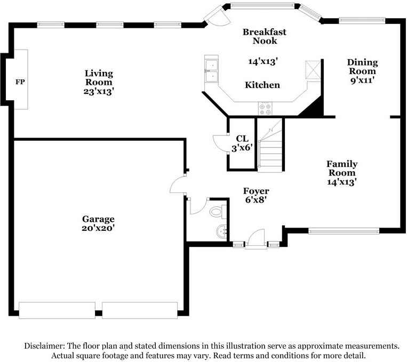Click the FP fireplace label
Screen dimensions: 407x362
pos(20,82)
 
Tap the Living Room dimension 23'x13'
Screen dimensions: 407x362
pos(99,91)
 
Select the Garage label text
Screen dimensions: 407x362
pos(98,219)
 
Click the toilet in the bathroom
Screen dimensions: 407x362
pos(218,212)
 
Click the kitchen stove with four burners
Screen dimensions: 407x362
pos(265,109)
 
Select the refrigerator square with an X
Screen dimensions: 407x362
pos(313,69)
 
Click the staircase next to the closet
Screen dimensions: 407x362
pos(270,145)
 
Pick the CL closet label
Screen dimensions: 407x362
pos(242,139)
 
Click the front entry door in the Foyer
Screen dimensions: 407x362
pos(256,239)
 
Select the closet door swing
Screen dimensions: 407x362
pos(221,143)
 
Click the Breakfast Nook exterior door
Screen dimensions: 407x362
pos(216,16)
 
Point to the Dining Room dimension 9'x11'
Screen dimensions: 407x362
pos(362,80)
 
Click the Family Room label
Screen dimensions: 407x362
pos(342,168)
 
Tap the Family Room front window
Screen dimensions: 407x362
pos(344,231)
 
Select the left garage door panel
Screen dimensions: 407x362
pos(57,310)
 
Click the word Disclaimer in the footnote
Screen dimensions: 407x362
pos(44,346)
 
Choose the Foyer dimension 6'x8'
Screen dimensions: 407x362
pos(256,200)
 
